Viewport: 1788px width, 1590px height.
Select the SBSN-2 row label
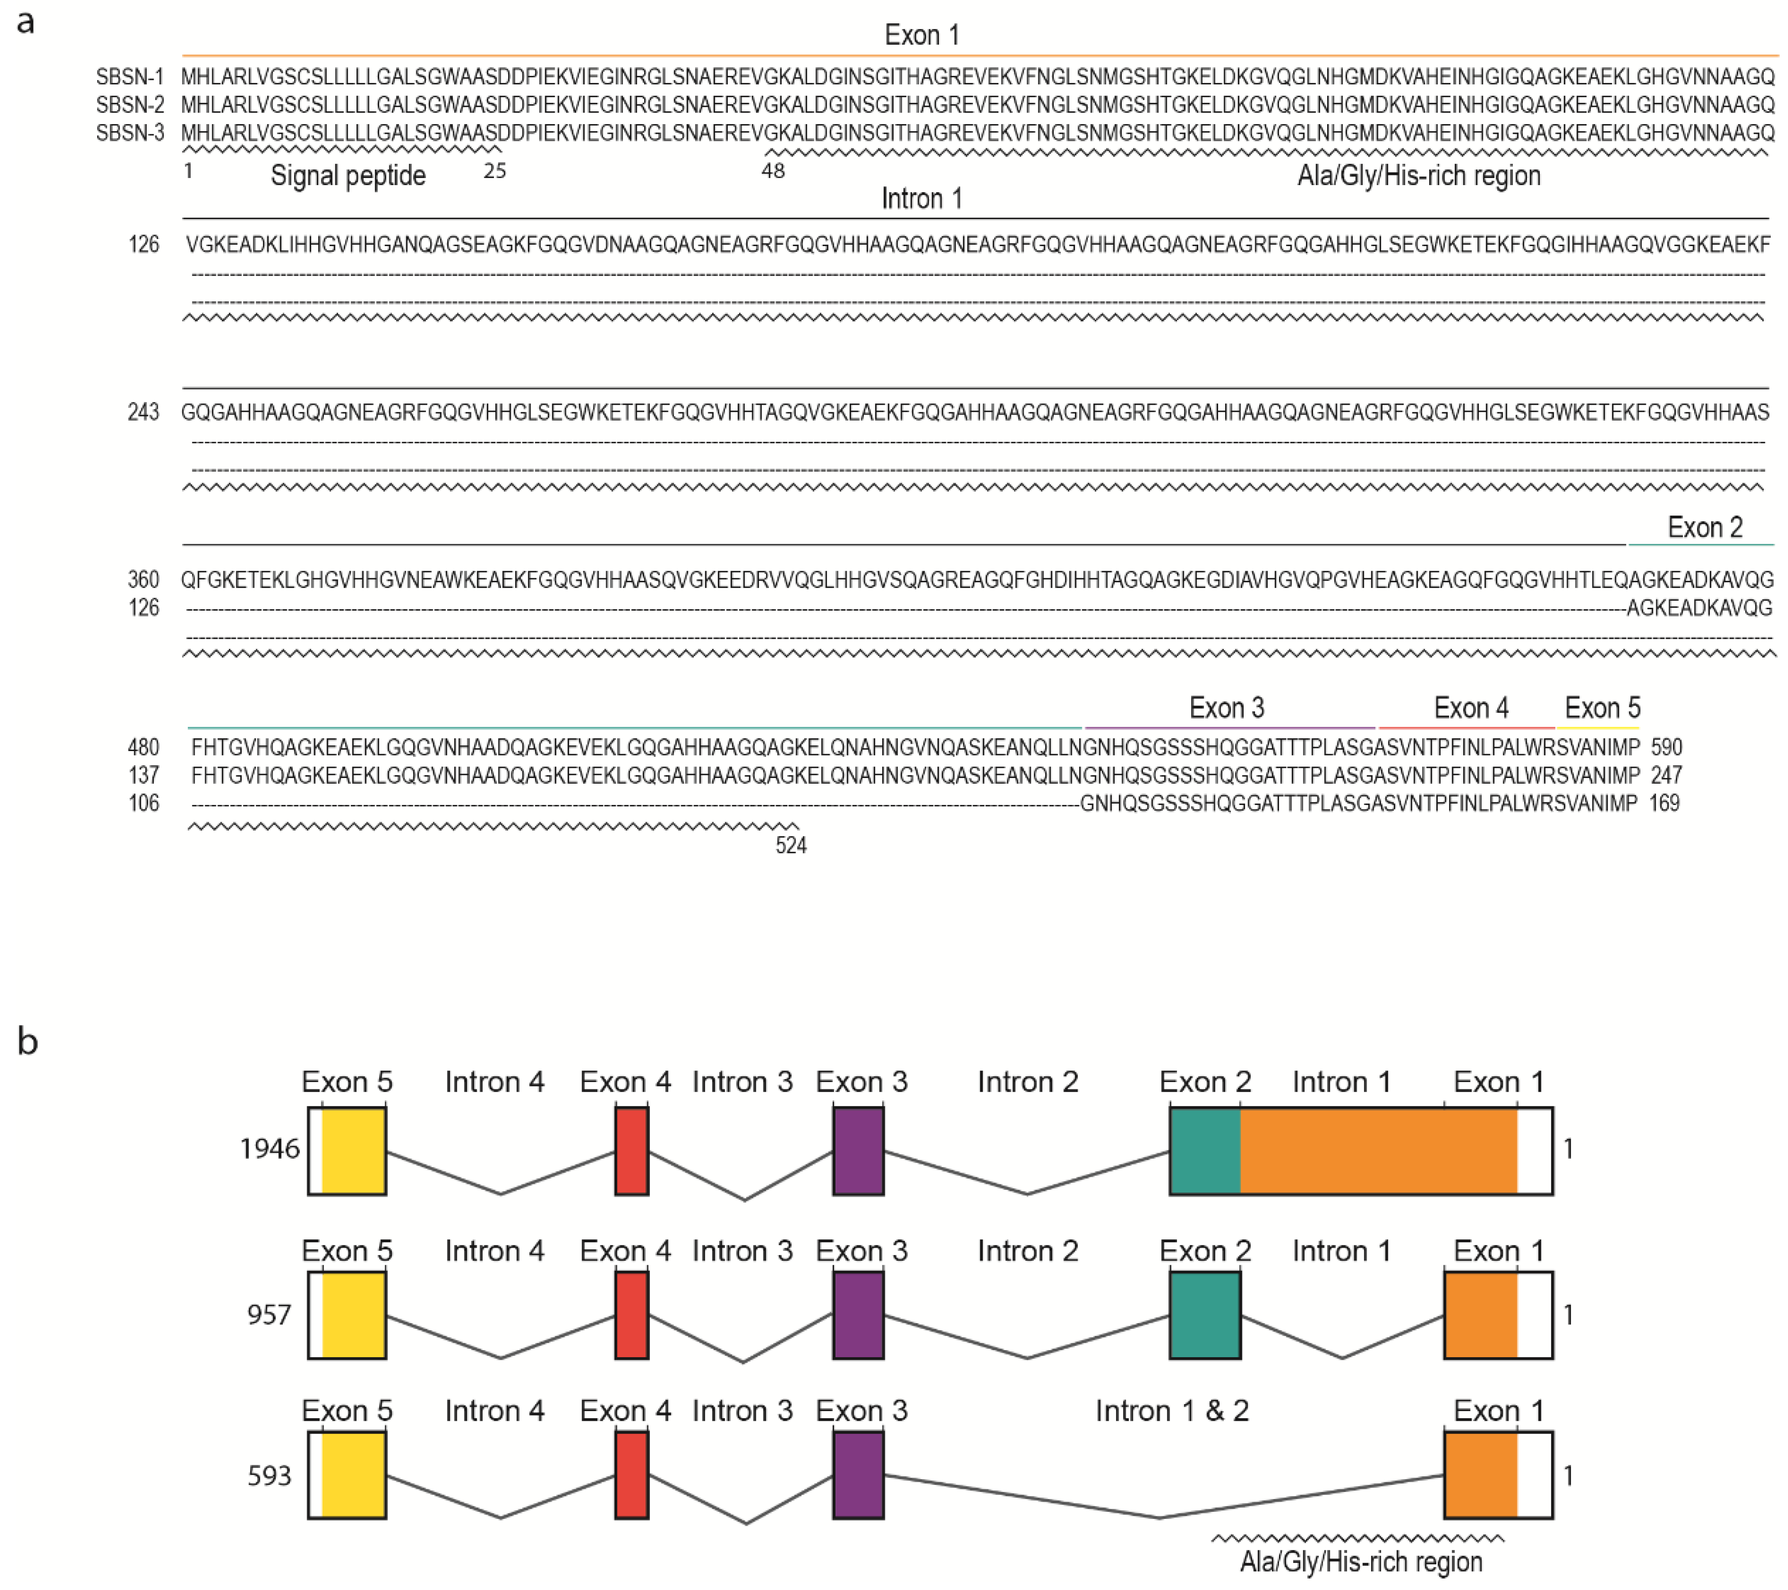tap(129, 105)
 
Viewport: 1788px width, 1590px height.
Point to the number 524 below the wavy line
tap(791, 845)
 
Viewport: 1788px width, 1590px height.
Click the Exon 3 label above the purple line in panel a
tap(1226, 708)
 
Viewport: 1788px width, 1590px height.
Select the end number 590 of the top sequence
tap(1666, 747)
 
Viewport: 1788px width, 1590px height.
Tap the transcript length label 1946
tap(270, 1148)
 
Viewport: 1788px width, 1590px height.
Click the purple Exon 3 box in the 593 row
tap(858, 1476)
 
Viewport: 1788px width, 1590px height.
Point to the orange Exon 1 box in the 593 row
tap(1480, 1476)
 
